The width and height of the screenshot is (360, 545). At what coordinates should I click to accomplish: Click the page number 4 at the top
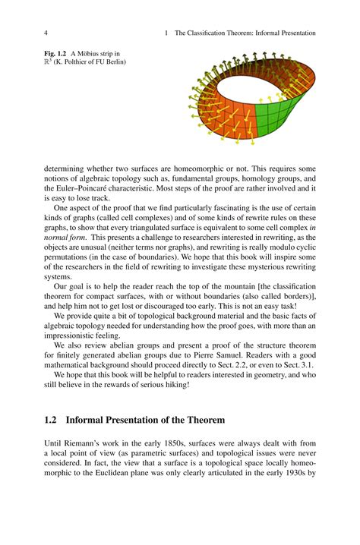point(47,33)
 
